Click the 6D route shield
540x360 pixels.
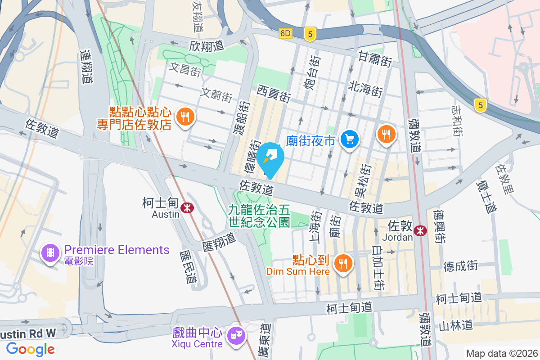(285, 33)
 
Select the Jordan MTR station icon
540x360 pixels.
(420, 231)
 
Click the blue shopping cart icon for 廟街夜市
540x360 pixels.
(349, 139)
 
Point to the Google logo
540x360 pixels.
(31, 349)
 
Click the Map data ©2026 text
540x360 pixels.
(502, 353)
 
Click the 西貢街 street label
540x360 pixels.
(274, 94)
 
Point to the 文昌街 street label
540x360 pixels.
(185, 69)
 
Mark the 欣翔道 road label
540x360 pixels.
(206, 46)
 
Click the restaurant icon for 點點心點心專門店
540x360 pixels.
(184, 117)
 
